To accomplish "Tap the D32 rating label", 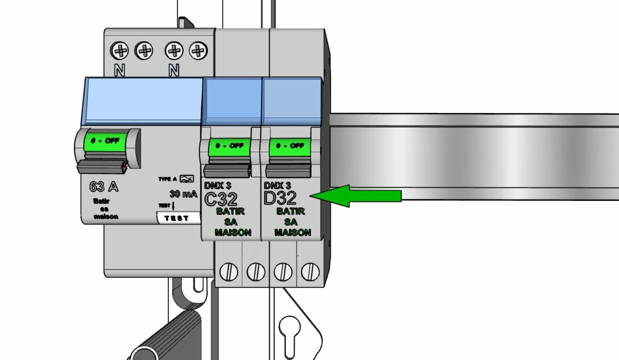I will point(280,199).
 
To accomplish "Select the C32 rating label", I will point(221,199).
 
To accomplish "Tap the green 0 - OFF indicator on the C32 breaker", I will point(229,145).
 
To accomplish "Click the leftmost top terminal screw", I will point(120,51).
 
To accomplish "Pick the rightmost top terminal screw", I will point(198,51).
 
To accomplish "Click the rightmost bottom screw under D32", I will point(310,272).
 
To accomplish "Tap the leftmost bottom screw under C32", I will point(228,272).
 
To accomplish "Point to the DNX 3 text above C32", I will point(217,186).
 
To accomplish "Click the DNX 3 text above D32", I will point(277,186).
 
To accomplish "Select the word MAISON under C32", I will point(233,232).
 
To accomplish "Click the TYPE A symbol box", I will point(187,179).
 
